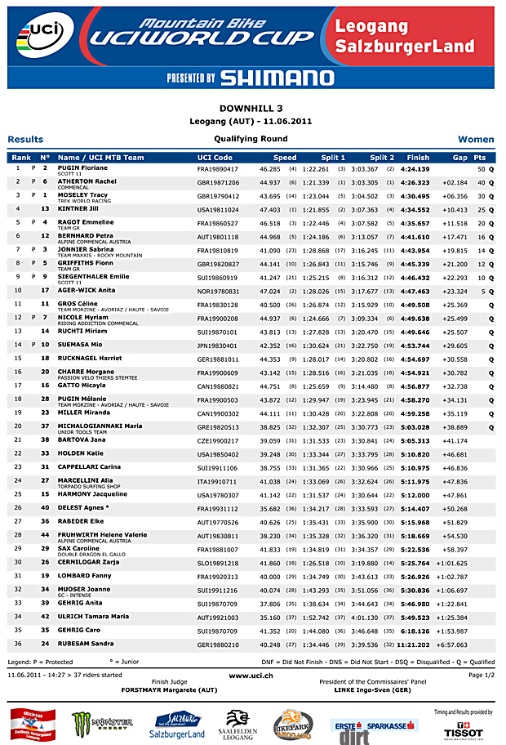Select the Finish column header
point(418,157)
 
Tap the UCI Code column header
point(215,157)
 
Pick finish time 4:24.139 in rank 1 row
point(414,168)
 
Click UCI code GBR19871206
point(218,182)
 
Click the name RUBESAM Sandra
point(85,644)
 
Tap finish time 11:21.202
point(412,644)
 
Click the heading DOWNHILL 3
point(252,108)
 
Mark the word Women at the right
point(476,140)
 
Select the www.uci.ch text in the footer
point(251,676)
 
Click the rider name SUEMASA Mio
point(79,345)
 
